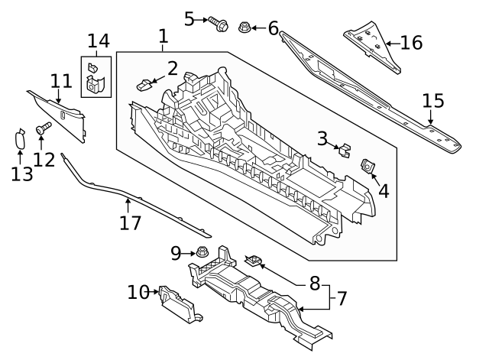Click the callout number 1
click(163, 35)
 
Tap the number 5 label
click(189, 18)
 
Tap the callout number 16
click(411, 43)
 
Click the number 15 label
click(432, 100)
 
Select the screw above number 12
click(43, 133)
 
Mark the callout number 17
click(131, 223)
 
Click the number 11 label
click(60, 80)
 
